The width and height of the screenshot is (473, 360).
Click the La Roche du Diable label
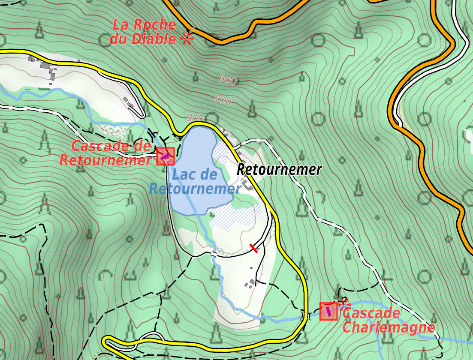click(144, 32)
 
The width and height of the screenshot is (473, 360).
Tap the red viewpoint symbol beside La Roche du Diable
click(187, 39)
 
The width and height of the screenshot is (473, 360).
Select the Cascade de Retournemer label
click(106, 153)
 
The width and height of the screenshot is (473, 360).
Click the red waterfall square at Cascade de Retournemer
click(166, 156)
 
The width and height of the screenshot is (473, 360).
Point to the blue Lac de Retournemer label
click(195, 181)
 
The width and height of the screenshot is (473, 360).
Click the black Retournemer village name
click(279, 170)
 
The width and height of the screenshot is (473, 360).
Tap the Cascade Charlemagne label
click(388, 320)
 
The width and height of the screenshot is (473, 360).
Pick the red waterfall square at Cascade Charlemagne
click(328, 311)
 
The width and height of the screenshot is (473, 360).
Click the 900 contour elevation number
click(227, 80)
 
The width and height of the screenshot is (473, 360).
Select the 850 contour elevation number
click(223, 101)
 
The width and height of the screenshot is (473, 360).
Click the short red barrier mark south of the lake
click(254, 248)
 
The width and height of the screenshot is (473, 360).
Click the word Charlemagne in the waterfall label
click(389, 328)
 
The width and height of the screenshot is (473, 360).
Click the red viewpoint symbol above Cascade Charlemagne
click(343, 302)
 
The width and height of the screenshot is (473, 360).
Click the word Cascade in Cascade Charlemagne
click(371, 313)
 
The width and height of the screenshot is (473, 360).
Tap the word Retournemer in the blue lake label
click(195, 189)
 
